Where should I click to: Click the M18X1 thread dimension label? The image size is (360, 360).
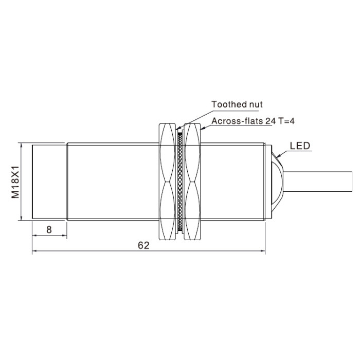tap(15, 182)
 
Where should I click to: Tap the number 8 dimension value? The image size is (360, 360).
tap(49, 229)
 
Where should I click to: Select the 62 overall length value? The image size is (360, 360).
tap(143, 245)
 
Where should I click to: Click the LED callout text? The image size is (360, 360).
tap(300, 146)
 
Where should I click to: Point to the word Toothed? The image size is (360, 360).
tap(227, 104)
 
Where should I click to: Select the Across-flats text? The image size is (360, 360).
tap(238, 121)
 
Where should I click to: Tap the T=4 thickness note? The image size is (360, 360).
tap(286, 121)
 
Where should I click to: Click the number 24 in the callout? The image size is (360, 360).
tap(271, 121)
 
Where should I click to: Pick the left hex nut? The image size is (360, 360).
tap(167, 182)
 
